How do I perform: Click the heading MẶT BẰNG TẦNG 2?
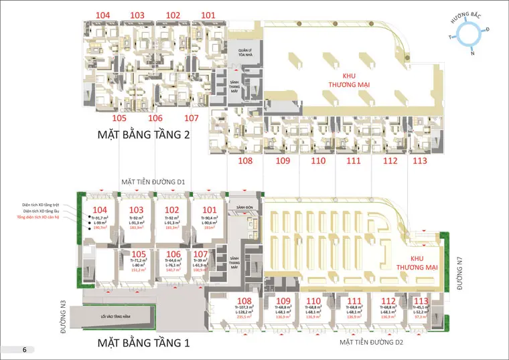click(144, 136)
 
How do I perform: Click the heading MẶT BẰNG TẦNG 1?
click(144, 343)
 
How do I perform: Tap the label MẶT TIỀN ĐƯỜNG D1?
click(153, 182)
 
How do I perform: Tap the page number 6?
click(24, 349)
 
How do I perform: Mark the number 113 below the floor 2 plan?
click(420, 161)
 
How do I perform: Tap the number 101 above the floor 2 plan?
click(208, 15)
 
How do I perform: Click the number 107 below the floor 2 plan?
click(192, 118)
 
